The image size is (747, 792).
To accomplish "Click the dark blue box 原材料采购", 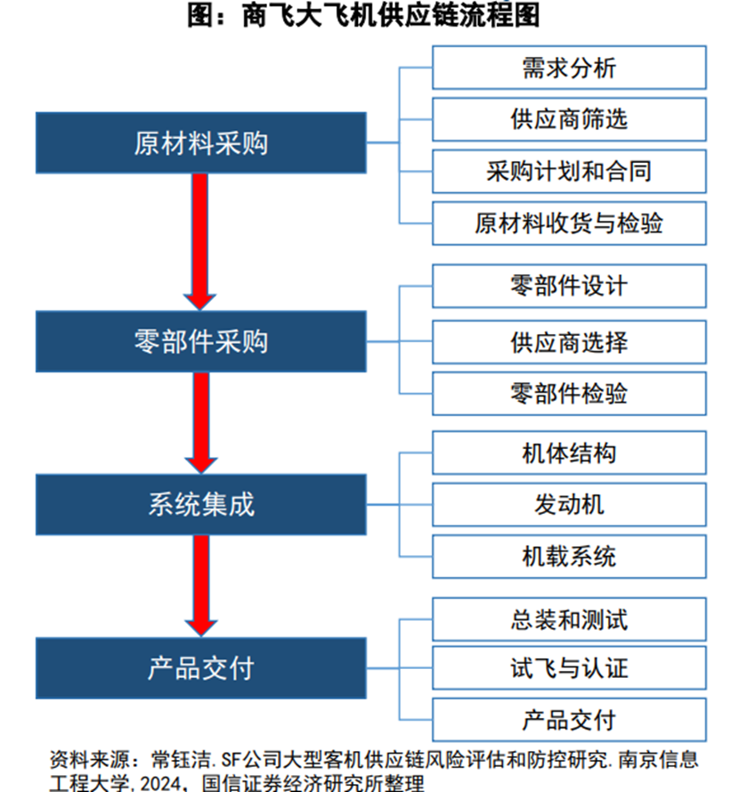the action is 201,143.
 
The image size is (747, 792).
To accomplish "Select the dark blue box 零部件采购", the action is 201,341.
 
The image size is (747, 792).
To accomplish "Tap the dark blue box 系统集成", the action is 201,504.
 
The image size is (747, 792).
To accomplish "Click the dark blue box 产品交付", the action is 201,668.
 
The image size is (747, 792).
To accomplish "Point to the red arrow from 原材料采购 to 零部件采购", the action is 199,242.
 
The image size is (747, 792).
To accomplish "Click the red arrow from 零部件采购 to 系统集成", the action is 201,423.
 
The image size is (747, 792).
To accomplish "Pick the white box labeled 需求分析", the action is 569,68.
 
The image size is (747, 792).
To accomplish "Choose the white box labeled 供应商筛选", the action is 569,119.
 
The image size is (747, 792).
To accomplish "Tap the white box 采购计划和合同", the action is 569,171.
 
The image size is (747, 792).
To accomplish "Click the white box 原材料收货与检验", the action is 569,224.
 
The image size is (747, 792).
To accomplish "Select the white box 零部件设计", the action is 569,286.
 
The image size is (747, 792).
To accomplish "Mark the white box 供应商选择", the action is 569,342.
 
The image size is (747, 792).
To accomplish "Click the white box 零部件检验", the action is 569,394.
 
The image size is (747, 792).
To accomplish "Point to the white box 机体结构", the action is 569,453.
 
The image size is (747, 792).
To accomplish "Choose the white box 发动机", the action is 569,504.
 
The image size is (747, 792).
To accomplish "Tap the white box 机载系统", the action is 569,557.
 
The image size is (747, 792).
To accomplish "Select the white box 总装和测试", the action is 569,619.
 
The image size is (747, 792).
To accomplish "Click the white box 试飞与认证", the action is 569,668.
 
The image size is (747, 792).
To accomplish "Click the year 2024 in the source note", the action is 161,783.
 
